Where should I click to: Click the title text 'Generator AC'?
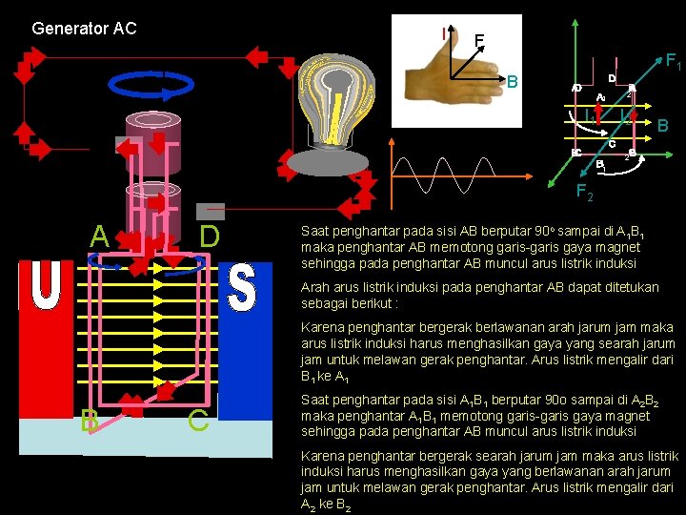click(84, 28)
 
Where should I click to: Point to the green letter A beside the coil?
click(99, 235)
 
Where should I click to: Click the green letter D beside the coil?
click(210, 235)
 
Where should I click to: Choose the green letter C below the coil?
click(198, 420)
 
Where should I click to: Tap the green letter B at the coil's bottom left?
click(89, 420)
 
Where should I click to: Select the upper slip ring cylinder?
click(153, 133)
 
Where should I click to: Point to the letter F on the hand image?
click(479, 41)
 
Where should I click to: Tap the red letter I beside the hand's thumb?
click(444, 33)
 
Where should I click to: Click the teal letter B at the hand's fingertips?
click(513, 81)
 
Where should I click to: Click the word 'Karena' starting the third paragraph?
click(322, 327)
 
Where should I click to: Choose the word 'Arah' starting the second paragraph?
click(315, 287)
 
